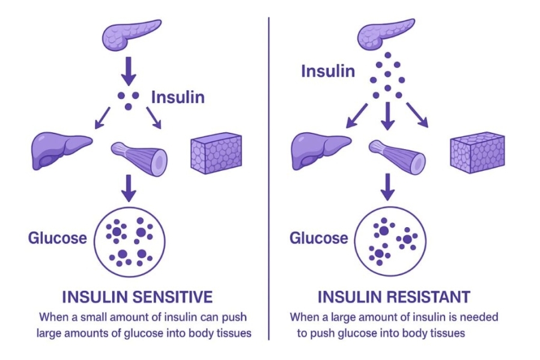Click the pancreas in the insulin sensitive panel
tap(132, 34)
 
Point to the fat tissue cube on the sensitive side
tap(216, 153)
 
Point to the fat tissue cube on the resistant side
tap(477, 151)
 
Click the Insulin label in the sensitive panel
tap(177, 97)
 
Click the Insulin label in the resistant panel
tap(328, 72)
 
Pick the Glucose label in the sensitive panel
tap(57, 237)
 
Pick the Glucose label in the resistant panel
tap(318, 237)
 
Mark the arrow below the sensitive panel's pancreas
tap(128, 72)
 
